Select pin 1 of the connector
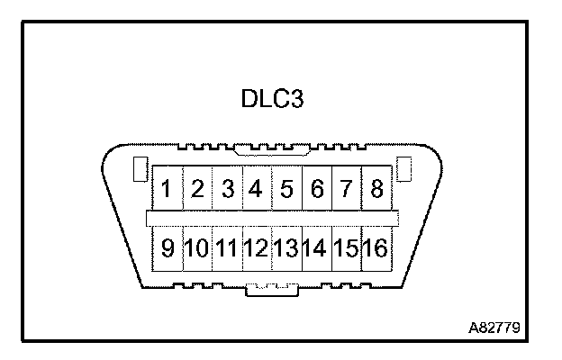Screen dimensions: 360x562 coord(168,190)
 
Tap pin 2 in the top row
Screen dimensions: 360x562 coord(199,190)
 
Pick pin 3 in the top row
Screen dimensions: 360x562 coord(229,190)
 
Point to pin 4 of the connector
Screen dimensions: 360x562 coord(258,190)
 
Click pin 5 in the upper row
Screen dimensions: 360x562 coord(287,190)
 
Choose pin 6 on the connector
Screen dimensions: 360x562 coord(317,190)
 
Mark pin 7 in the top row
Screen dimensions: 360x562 coord(347,190)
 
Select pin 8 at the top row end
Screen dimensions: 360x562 coord(376,190)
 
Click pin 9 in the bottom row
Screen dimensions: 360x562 coord(168,247)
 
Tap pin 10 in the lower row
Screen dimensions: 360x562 coord(197,247)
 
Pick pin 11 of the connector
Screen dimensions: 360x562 coord(227,247)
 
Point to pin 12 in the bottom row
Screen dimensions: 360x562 coord(258,247)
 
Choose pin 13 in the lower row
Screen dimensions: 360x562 coord(287,247)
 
